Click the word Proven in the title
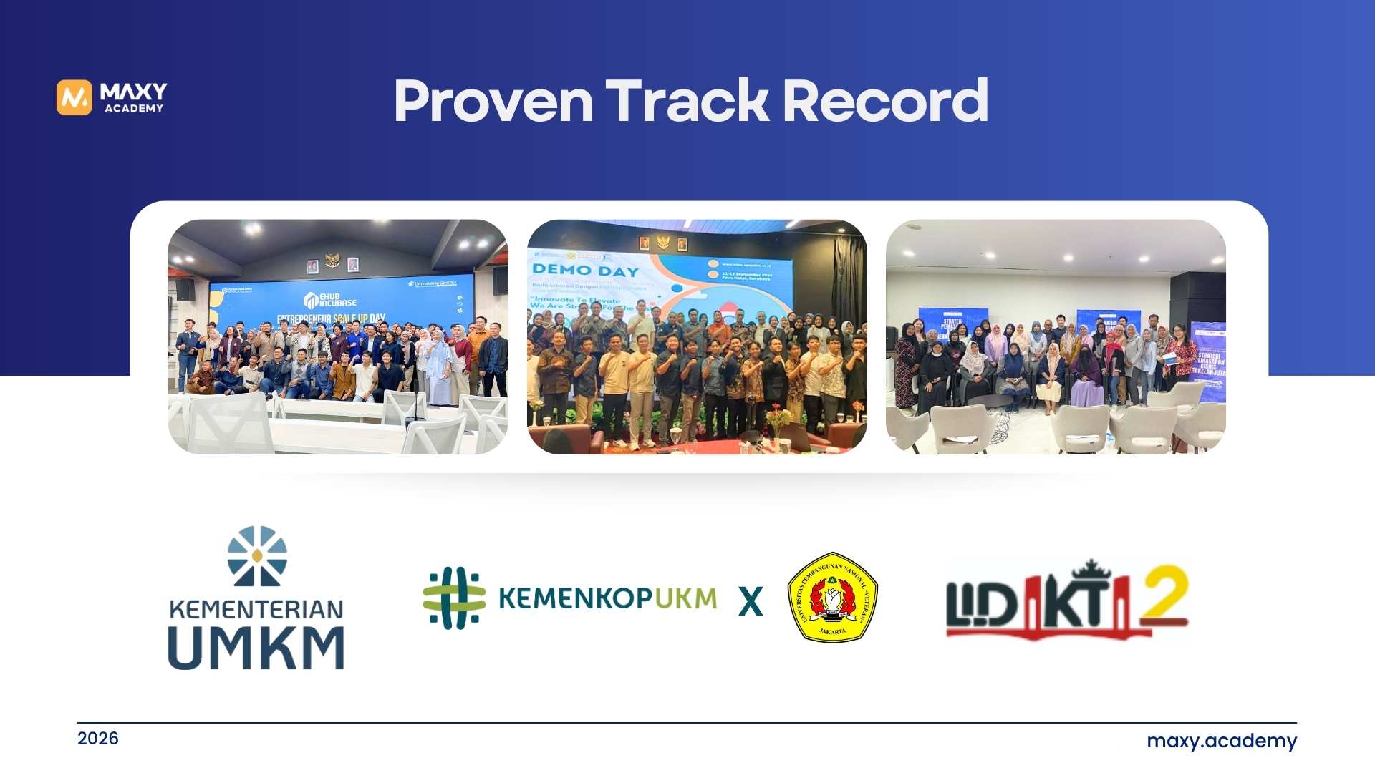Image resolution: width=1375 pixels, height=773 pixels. click(493, 102)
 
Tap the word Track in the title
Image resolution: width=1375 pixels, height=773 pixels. click(687, 102)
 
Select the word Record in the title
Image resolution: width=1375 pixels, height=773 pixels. click(885, 102)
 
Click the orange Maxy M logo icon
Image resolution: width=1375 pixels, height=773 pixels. click(74, 97)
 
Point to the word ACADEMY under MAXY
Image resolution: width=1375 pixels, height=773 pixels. click(134, 109)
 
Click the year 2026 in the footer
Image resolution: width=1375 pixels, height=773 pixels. click(98, 738)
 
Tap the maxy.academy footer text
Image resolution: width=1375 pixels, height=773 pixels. click(1221, 741)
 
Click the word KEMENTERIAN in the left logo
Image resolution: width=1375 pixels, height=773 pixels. click(256, 610)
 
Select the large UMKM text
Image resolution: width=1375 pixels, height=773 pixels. click(256, 648)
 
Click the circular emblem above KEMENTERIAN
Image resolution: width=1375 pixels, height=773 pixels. click(257, 556)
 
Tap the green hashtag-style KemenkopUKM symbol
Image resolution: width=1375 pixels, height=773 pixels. click(454, 598)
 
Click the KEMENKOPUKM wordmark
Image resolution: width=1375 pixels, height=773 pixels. click(607, 598)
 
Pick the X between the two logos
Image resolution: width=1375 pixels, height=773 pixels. click(751, 601)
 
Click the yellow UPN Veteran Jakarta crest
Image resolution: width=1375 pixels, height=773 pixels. click(832, 597)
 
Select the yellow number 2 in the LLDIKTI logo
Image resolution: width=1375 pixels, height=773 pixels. click(1164, 593)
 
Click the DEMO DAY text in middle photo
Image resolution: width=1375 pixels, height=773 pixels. click(585, 271)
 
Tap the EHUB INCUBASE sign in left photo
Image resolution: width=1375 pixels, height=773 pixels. click(330, 299)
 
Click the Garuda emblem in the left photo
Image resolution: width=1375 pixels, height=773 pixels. click(332, 260)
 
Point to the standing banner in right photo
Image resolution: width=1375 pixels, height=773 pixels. click(1209, 361)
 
